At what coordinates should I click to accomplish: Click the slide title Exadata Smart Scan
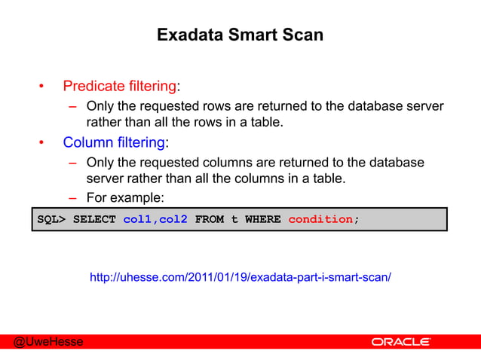click(x=240, y=35)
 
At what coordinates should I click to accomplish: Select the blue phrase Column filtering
click(x=114, y=142)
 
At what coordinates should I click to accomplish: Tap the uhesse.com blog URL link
click(x=240, y=278)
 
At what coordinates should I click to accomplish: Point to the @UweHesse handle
click(x=47, y=343)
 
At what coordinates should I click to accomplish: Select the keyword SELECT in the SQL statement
click(x=94, y=219)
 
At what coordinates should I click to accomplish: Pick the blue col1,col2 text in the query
click(x=155, y=219)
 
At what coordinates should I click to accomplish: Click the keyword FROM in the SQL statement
click(x=209, y=219)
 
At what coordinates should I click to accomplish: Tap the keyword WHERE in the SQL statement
click(x=262, y=219)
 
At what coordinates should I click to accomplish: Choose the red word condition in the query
click(x=320, y=219)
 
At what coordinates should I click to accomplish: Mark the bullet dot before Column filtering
click(x=43, y=142)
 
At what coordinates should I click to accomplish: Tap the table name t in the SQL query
click(x=234, y=219)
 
